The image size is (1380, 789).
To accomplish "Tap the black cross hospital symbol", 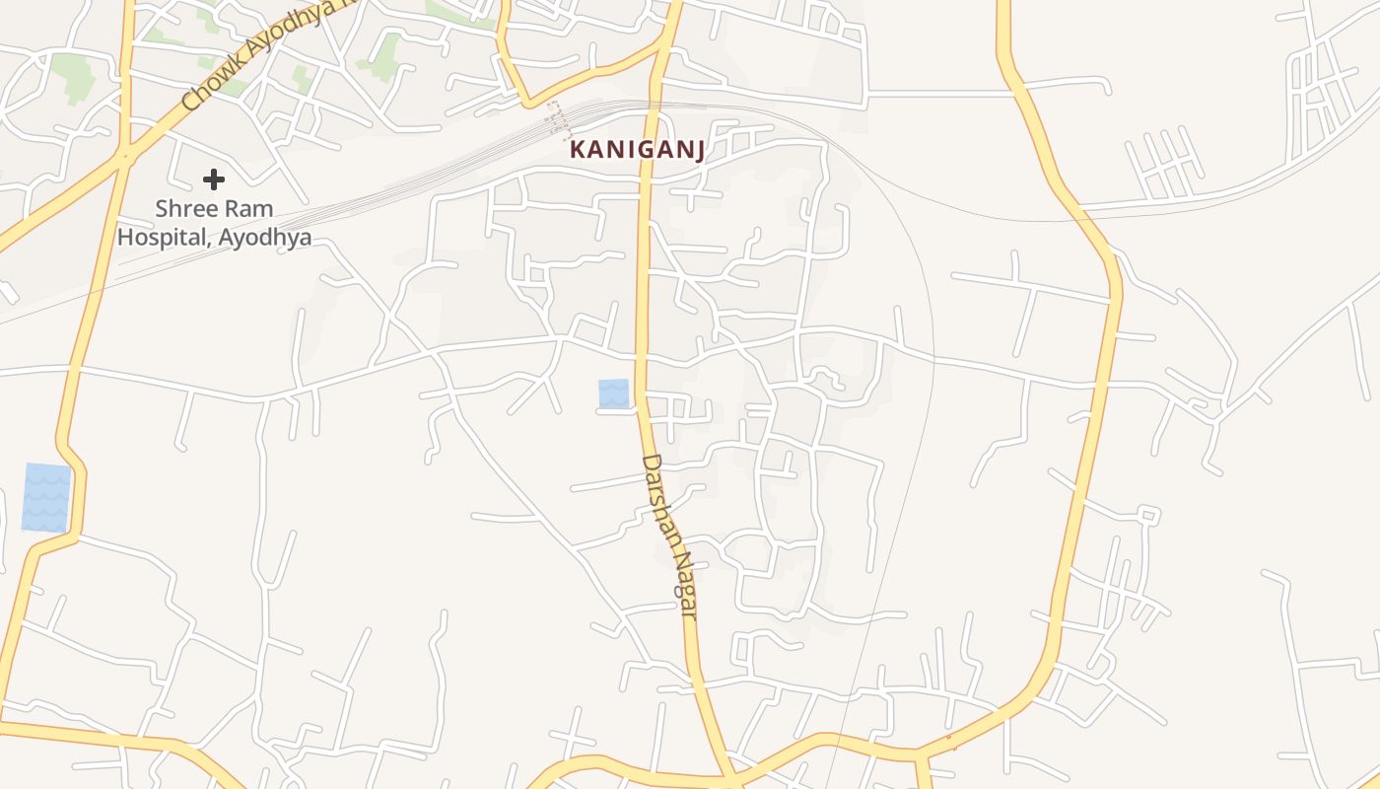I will click(x=214, y=179).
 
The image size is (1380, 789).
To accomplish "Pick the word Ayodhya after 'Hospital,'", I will click(x=266, y=239).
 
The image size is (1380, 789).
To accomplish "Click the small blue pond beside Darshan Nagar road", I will click(x=613, y=393).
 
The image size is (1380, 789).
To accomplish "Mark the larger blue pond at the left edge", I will click(x=46, y=498).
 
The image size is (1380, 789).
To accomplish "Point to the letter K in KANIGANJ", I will click(x=577, y=151).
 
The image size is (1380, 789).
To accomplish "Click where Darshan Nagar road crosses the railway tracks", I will click(x=653, y=104).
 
